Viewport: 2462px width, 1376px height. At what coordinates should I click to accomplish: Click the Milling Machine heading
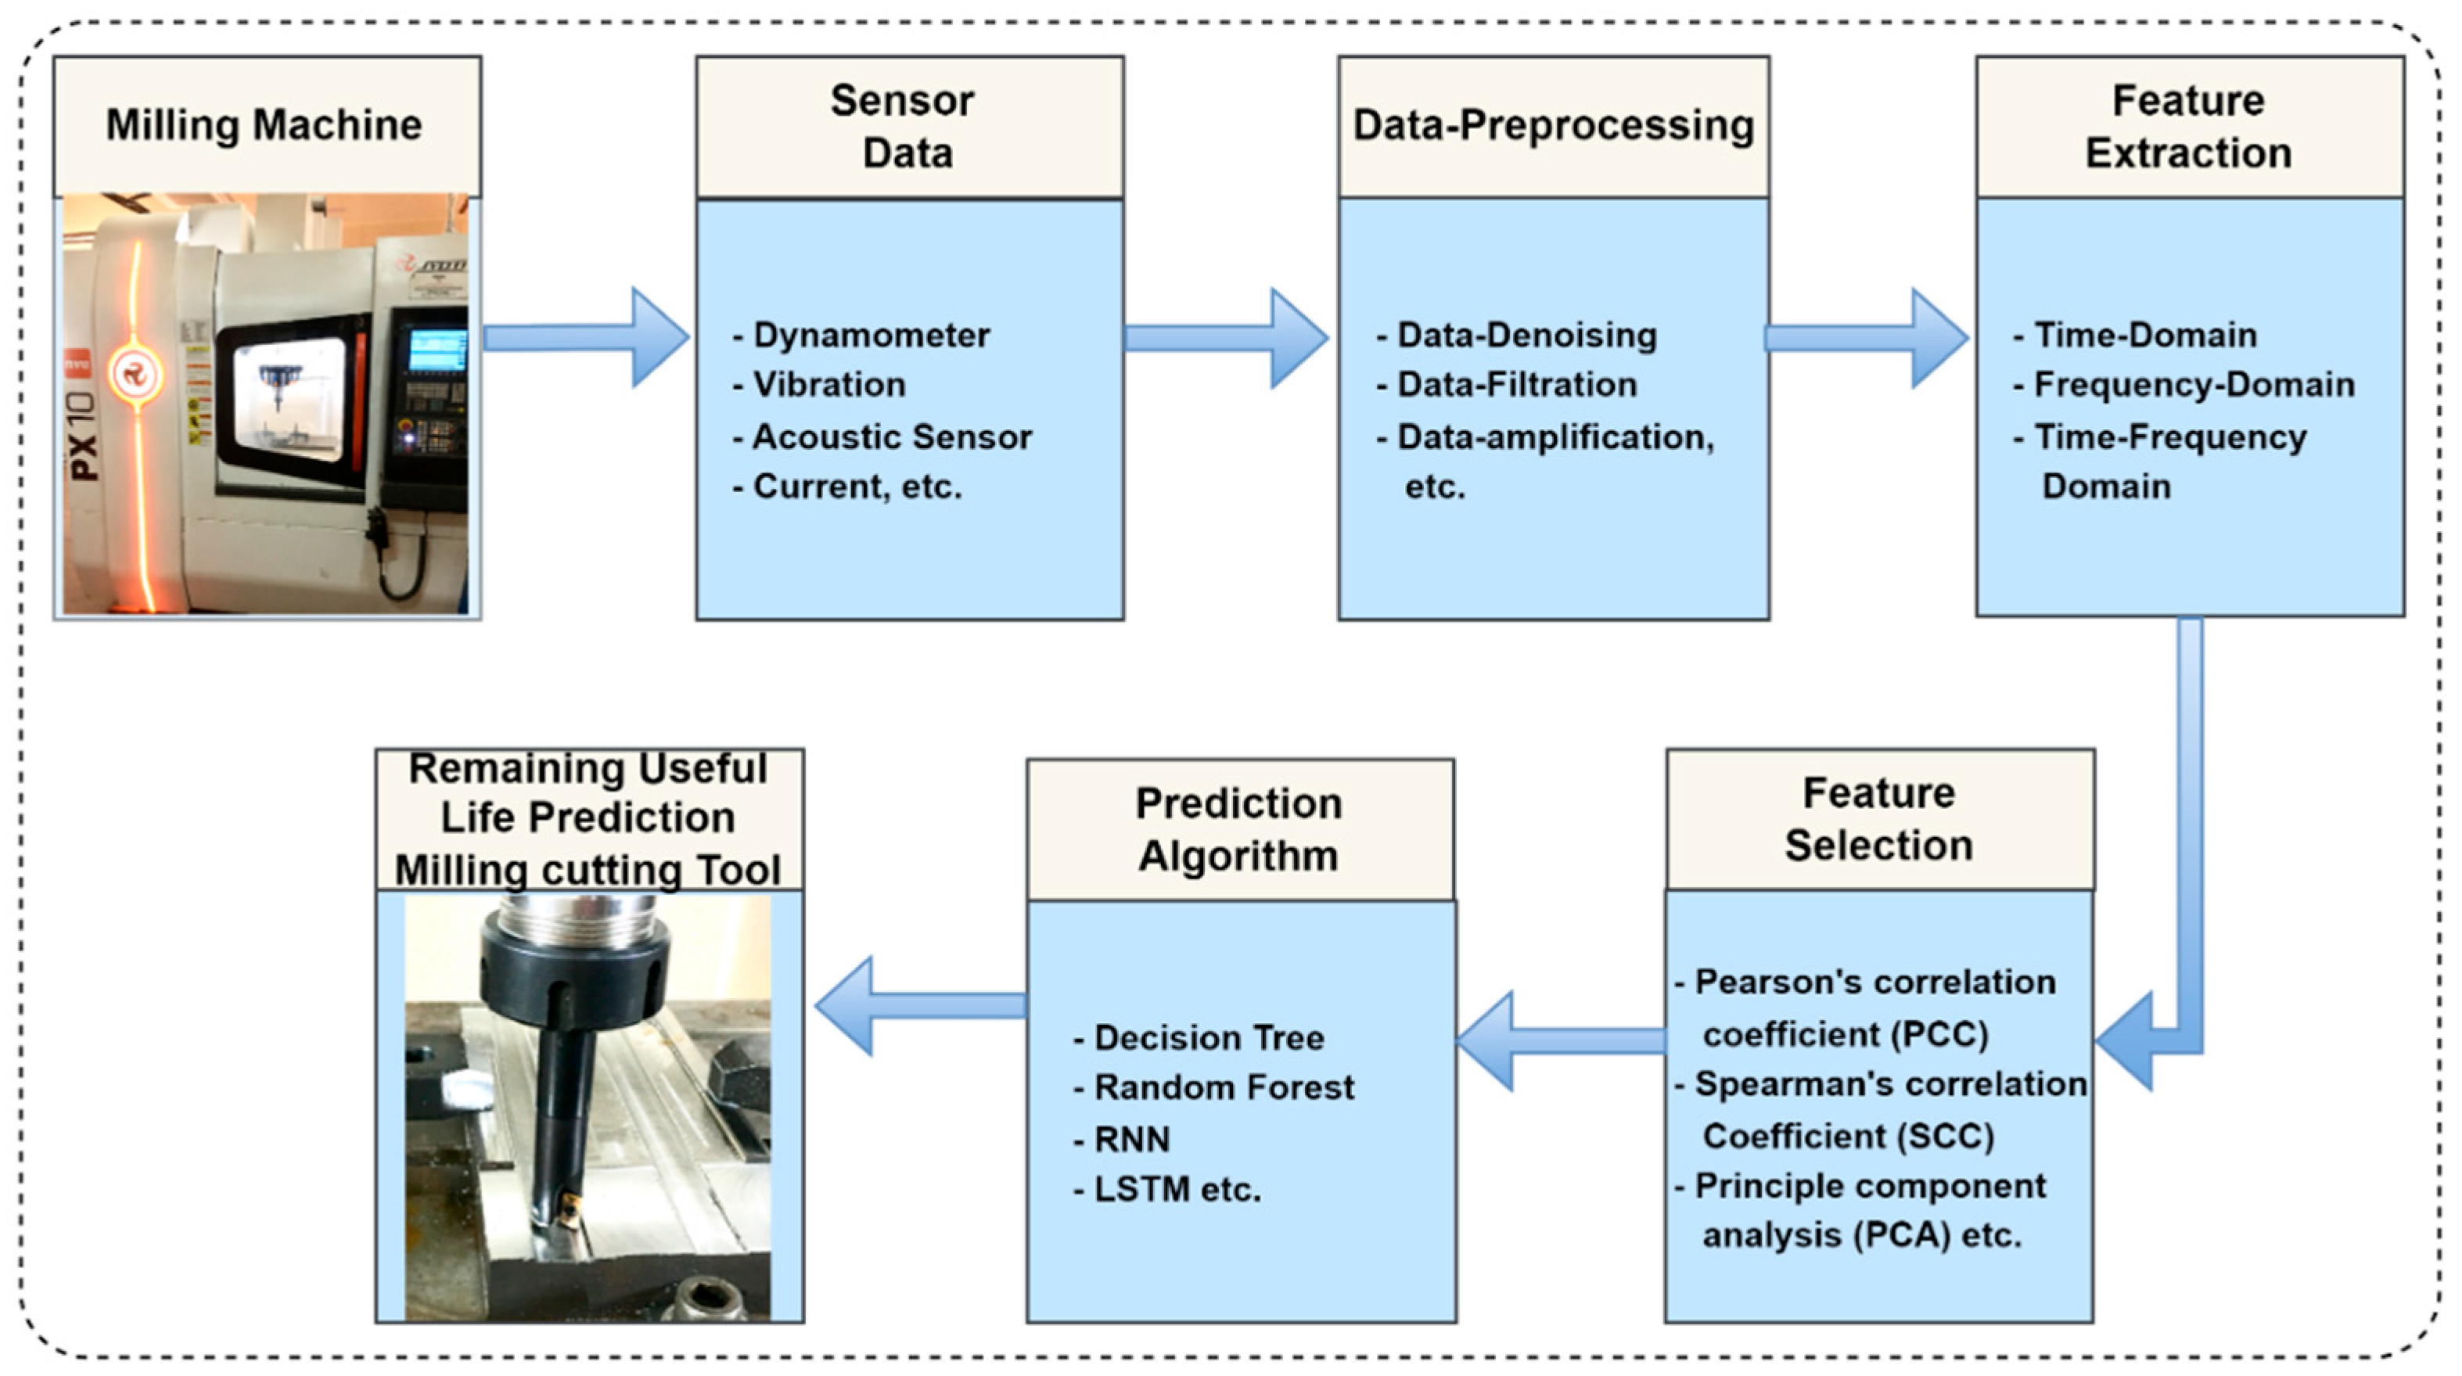[x=264, y=125]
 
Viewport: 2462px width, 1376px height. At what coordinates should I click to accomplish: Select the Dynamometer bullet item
[x=870, y=336]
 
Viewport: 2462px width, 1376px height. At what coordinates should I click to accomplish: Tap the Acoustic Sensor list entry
[x=891, y=437]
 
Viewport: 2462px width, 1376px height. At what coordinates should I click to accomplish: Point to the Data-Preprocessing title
[x=1553, y=125]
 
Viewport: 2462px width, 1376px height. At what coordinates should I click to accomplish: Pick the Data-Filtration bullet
[x=1516, y=385]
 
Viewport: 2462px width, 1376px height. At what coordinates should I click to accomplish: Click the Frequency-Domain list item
[x=2194, y=385]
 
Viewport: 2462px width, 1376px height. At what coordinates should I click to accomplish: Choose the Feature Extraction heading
[x=2189, y=126]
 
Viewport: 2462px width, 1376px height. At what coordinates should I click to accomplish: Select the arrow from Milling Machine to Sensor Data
[x=585, y=337]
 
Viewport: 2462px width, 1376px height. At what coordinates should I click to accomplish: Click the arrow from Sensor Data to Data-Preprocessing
[x=1225, y=337]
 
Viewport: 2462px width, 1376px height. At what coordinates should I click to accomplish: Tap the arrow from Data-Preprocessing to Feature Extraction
[x=1864, y=337]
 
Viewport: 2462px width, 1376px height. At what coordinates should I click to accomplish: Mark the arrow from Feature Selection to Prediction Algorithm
[x=1560, y=1040]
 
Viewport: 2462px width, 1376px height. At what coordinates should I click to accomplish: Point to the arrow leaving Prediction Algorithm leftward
[x=919, y=1005]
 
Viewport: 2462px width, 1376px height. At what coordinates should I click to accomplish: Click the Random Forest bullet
[x=1223, y=1087]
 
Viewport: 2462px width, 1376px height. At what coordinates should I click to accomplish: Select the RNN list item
[x=1130, y=1139]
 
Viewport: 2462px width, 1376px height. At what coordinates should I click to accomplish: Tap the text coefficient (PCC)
[x=1845, y=1035]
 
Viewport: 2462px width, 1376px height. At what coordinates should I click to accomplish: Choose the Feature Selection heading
[x=1879, y=819]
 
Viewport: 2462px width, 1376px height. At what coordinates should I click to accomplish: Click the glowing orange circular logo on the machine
[x=135, y=375]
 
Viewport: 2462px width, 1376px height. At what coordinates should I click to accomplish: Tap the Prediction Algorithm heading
[x=1238, y=829]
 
